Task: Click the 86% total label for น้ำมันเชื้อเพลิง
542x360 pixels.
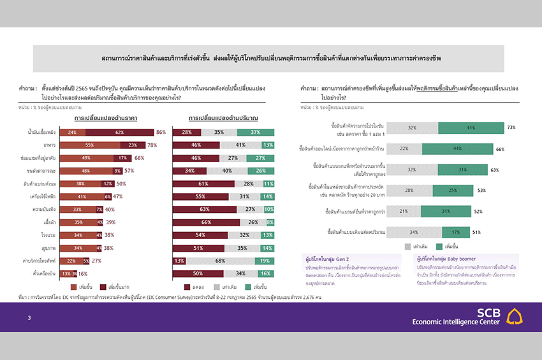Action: point(161,133)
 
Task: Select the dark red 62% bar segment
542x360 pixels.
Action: point(119,133)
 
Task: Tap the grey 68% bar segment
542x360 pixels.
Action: point(220,261)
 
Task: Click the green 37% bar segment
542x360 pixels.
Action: point(255,133)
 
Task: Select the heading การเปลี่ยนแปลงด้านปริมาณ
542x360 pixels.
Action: point(223,119)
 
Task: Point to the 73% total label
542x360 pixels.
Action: point(511,127)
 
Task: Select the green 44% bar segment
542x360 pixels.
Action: point(458,148)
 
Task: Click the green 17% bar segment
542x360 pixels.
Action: point(456,232)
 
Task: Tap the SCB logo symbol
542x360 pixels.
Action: point(514,315)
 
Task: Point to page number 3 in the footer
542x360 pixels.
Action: point(29,317)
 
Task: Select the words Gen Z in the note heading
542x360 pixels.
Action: point(347,258)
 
